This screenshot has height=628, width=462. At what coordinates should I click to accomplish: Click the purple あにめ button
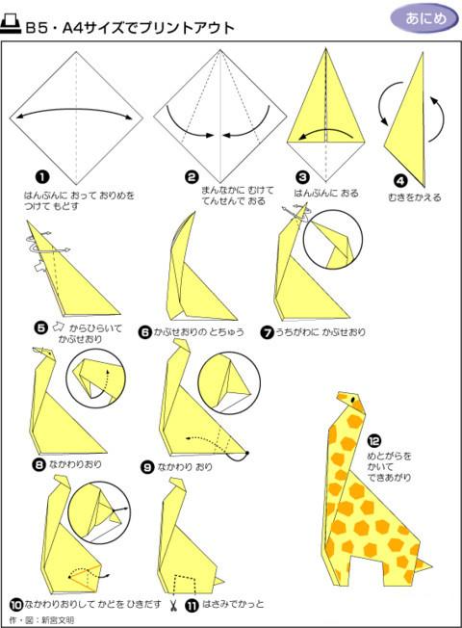pyautogui.click(x=424, y=18)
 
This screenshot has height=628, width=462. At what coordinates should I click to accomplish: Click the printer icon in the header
pyautogui.click(x=11, y=25)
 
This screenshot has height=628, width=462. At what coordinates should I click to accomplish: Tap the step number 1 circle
pyautogui.click(x=42, y=177)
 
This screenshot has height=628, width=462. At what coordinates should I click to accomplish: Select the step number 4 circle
pyautogui.click(x=400, y=181)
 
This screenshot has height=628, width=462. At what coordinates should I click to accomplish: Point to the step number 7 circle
pyautogui.click(x=267, y=332)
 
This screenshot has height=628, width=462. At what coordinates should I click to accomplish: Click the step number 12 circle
pyautogui.click(x=373, y=440)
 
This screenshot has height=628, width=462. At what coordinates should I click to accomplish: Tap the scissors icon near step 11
pyautogui.click(x=173, y=605)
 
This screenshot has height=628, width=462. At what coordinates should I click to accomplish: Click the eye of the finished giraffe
pyautogui.click(x=352, y=400)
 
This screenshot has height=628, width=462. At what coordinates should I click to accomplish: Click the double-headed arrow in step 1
pyautogui.click(x=75, y=109)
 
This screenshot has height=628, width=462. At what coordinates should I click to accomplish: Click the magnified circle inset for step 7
pyautogui.click(x=333, y=239)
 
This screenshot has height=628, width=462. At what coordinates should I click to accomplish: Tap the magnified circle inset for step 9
pyautogui.click(x=229, y=383)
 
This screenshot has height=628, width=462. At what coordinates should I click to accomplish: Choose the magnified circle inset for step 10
pyautogui.click(x=99, y=513)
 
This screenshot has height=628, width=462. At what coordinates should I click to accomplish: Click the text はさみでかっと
pyautogui.click(x=233, y=604)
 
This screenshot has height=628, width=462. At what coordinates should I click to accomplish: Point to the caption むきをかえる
pyautogui.click(x=415, y=197)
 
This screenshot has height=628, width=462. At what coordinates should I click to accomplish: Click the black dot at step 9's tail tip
pyautogui.click(x=247, y=453)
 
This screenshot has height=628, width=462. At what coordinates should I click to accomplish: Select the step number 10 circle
pyautogui.click(x=15, y=604)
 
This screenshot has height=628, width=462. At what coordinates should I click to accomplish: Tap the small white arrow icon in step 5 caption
pyautogui.click(x=59, y=327)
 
